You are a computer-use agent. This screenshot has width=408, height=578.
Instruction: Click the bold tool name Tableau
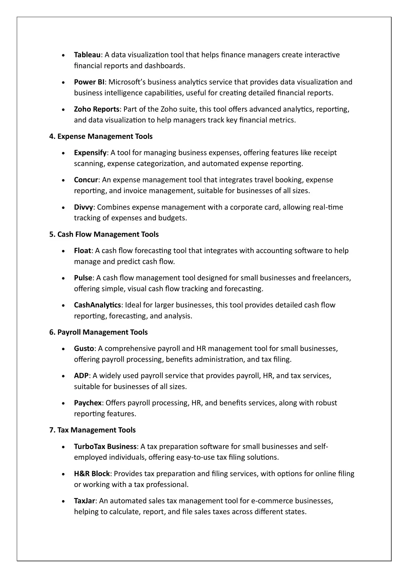(x=87, y=55)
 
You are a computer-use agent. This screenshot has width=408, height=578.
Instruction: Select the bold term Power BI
(x=89, y=82)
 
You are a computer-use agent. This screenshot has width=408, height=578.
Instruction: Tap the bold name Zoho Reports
(x=97, y=109)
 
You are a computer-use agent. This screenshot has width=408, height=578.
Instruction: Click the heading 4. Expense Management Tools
(x=101, y=137)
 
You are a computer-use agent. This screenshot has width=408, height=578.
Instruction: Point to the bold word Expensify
(x=90, y=153)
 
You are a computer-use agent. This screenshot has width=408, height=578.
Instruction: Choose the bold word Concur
(x=86, y=180)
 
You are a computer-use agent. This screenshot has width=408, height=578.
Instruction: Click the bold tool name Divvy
(x=83, y=207)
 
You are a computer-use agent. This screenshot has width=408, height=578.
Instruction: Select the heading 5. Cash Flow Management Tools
(x=104, y=234)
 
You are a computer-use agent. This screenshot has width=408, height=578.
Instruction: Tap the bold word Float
(x=82, y=251)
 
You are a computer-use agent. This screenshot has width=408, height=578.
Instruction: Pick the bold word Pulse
(x=83, y=278)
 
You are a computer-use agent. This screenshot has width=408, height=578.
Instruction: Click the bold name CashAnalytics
(x=97, y=305)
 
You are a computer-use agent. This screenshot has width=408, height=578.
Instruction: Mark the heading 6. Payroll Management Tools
(x=99, y=332)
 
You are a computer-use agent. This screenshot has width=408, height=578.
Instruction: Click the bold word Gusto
(x=84, y=348)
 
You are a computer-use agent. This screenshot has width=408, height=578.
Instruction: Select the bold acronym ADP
(x=81, y=376)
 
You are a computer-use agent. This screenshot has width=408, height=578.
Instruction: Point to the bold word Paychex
(x=88, y=403)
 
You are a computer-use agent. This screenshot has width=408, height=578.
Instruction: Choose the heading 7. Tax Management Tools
(x=93, y=430)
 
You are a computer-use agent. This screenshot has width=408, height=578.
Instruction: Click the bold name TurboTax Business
(x=105, y=446)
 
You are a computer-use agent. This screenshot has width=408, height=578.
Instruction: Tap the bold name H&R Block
(x=92, y=474)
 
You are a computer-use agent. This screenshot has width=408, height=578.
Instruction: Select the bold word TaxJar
(x=84, y=501)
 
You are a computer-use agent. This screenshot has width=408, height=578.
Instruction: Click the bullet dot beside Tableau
(x=64, y=55)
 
